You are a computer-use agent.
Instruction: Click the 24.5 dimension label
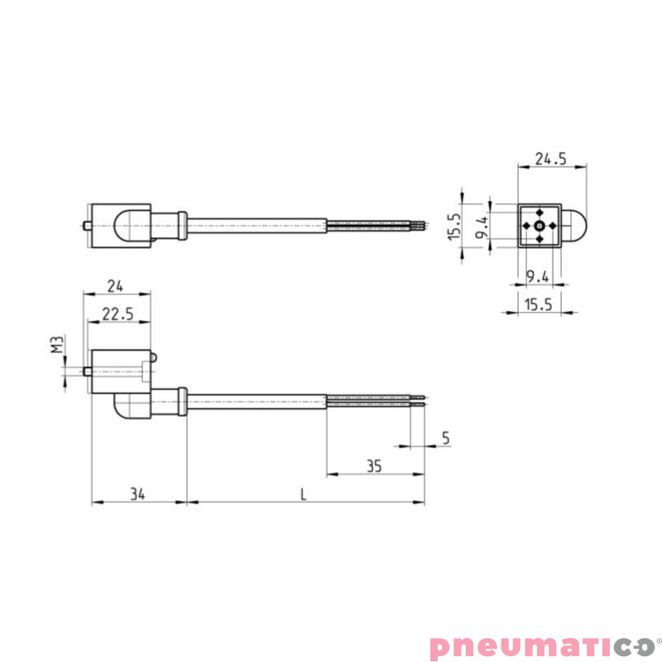pyautogui.click(x=550, y=159)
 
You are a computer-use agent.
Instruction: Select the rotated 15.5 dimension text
pyautogui.click(x=453, y=226)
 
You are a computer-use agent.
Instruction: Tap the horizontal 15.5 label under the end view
pyautogui.click(x=538, y=305)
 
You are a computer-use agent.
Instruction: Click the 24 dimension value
pyautogui.click(x=115, y=286)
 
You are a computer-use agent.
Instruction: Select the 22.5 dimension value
pyautogui.click(x=115, y=314)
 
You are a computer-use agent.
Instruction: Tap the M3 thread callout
pyautogui.click(x=56, y=345)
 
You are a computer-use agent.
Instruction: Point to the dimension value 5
pyautogui.click(x=445, y=439)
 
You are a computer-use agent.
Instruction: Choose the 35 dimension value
pyautogui.click(x=373, y=467)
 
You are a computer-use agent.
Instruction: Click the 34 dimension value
pyautogui.click(x=137, y=494)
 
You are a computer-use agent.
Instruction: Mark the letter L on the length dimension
pyautogui.click(x=304, y=494)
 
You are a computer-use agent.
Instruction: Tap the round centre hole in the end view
pyautogui.click(x=539, y=226)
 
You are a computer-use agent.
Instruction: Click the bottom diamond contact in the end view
pyautogui.click(x=539, y=239)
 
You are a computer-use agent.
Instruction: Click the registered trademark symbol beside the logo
pyautogui.click(x=659, y=638)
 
